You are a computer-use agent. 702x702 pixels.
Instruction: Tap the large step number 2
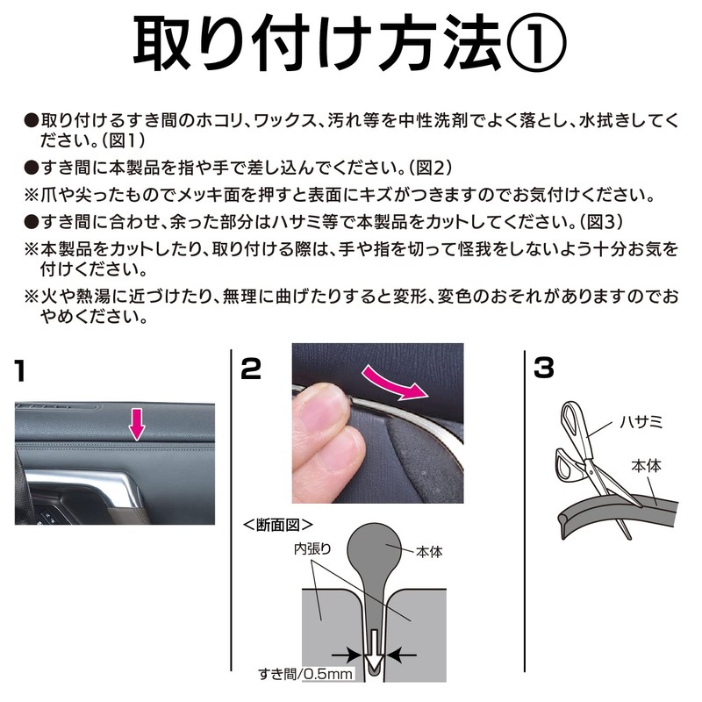(x=250, y=369)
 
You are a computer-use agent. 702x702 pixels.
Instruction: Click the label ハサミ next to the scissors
(x=642, y=424)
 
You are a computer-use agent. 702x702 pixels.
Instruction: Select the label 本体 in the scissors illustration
(x=646, y=470)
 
